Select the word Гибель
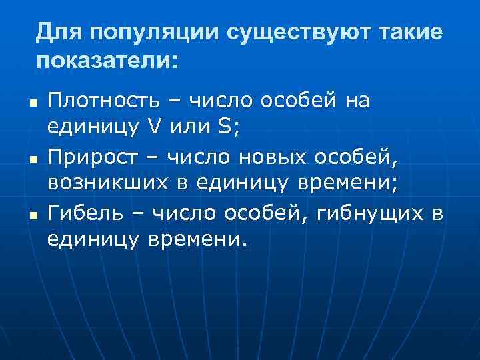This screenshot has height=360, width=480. (x=93, y=213)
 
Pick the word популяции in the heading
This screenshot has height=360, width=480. (x=154, y=32)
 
